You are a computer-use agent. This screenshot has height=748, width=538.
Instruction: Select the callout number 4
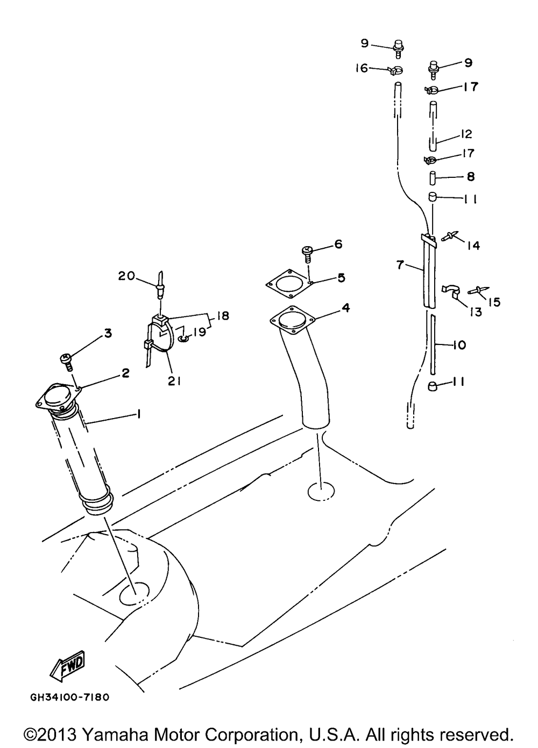click(x=346, y=307)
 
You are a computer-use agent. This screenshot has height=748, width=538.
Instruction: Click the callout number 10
click(x=459, y=344)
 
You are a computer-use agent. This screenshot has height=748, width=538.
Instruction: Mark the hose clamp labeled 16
click(x=395, y=69)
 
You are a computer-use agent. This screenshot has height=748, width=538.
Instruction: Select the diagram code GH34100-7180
click(x=70, y=697)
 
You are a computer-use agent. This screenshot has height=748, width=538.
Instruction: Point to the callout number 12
click(x=465, y=133)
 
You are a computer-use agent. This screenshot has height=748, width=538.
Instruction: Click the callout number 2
click(x=125, y=373)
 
